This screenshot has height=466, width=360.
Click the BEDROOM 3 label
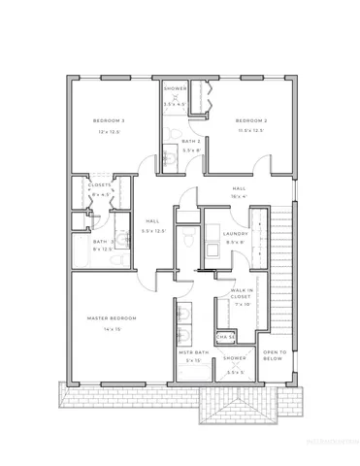(x=109, y=119)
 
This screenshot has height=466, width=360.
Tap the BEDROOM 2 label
(x=251, y=119)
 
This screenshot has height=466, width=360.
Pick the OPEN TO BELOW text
(x=274, y=353)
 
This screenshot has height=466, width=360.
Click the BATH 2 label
(x=191, y=141)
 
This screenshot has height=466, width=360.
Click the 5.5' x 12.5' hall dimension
(x=153, y=231)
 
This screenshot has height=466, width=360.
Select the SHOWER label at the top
(x=175, y=88)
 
